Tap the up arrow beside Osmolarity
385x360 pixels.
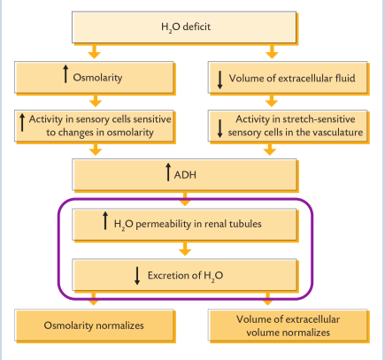point(65,76)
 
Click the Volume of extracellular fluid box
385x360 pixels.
point(285,77)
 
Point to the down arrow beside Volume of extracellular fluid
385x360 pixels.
point(219,77)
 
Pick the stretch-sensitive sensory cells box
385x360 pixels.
point(285,125)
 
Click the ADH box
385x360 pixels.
point(191,173)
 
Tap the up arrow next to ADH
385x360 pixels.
point(168,172)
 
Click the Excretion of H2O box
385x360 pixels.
point(191,274)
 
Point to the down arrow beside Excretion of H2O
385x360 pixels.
point(137,274)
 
